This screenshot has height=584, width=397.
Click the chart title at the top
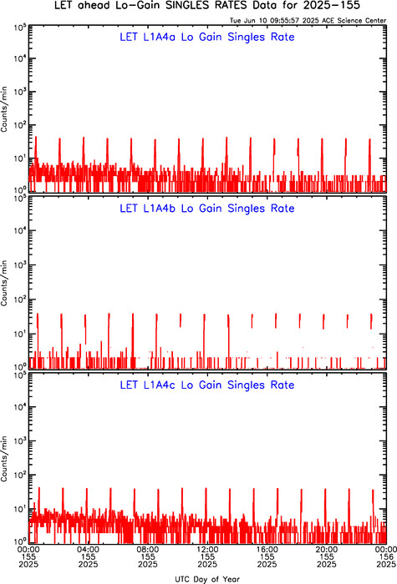pos(207,6)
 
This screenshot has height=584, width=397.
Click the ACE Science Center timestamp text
pos(308,21)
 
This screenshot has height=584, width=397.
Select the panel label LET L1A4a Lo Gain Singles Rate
pos(207,37)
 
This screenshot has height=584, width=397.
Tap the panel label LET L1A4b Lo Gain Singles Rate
pos(207,209)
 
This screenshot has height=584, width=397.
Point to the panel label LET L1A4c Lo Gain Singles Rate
pos(207,385)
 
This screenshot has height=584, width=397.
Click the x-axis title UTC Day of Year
pos(207,579)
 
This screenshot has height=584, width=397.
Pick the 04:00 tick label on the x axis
pos(89,550)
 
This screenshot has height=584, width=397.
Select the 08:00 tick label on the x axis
pos(148,550)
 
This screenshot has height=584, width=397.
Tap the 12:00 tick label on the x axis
pos(207,550)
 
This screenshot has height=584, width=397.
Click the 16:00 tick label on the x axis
pos(267,550)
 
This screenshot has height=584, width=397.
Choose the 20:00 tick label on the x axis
pos(327,550)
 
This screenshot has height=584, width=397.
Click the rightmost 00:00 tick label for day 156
pos(386,550)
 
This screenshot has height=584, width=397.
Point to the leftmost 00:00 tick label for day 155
pos(28,550)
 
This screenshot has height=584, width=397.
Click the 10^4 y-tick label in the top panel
pos(20,58)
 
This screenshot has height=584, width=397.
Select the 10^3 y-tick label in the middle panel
pos(20,264)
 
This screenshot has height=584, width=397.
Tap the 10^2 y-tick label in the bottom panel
pos(20,475)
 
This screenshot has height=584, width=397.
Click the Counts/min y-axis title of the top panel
pos(4,108)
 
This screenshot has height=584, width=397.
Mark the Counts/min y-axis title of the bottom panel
pos(4,459)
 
